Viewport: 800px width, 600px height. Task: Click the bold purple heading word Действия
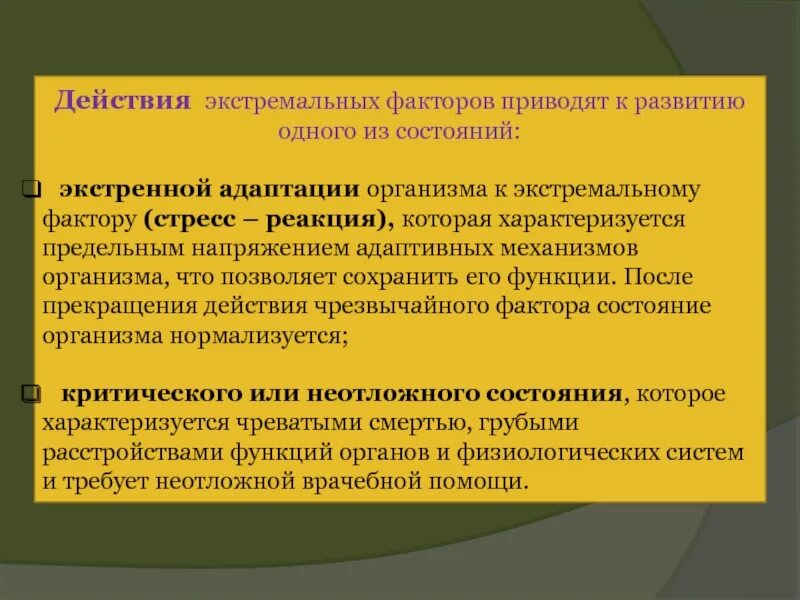[x=122, y=101]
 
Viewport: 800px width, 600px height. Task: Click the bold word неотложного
[x=349, y=394]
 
